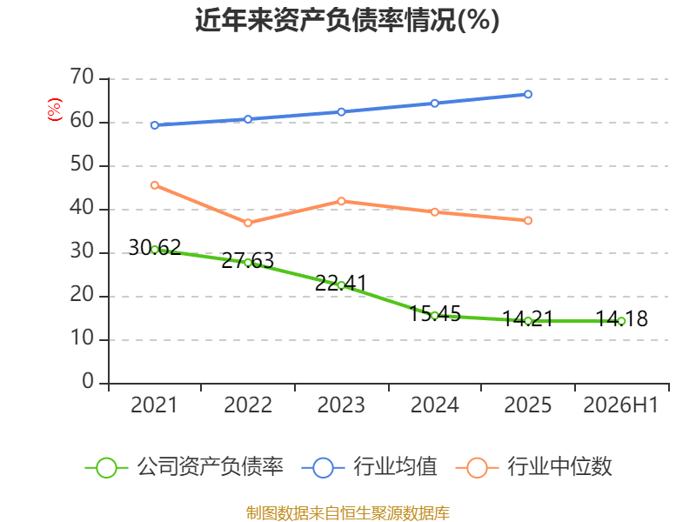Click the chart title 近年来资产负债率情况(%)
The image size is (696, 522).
pyautogui.click(x=347, y=20)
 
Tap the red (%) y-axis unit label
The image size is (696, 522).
pyautogui.click(x=55, y=110)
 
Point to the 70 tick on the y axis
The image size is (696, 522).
pyautogui.click(x=82, y=77)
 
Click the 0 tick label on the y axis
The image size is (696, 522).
pyautogui.click(x=88, y=381)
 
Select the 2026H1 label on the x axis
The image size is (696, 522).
pyautogui.click(x=620, y=405)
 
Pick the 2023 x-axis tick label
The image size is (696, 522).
pyautogui.click(x=341, y=405)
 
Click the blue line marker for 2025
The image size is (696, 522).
pyautogui.click(x=528, y=94)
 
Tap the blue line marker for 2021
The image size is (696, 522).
pyautogui.click(x=155, y=125)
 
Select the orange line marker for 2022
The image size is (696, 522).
pyautogui.click(x=248, y=223)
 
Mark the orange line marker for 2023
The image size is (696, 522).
pyautogui.click(x=341, y=201)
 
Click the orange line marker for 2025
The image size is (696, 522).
pyautogui.click(x=528, y=220)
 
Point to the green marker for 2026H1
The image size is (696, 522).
pyautogui.click(x=621, y=321)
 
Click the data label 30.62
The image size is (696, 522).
pyautogui.click(x=155, y=247)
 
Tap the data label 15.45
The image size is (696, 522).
pyautogui.click(x=434, y=313)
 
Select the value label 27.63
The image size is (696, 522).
pyautogui.click(x=248, y=260)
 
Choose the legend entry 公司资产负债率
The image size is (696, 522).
pyautogui.click(x=184, y=467)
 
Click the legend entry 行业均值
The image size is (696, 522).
pyautogui.click(x=369, y=467)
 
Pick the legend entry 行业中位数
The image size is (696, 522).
pyautogui.click(x=534, y=467)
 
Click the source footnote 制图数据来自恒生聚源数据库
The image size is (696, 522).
pyautogui.click(x=347, y=513)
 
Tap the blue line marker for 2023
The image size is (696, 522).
pyautogui.click(x=341, y=112)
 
